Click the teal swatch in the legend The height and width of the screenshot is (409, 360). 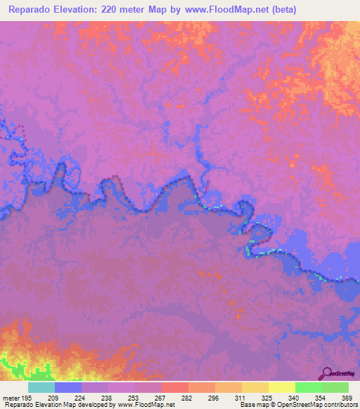[41, 387]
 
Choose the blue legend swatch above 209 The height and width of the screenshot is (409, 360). [68, 387]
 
